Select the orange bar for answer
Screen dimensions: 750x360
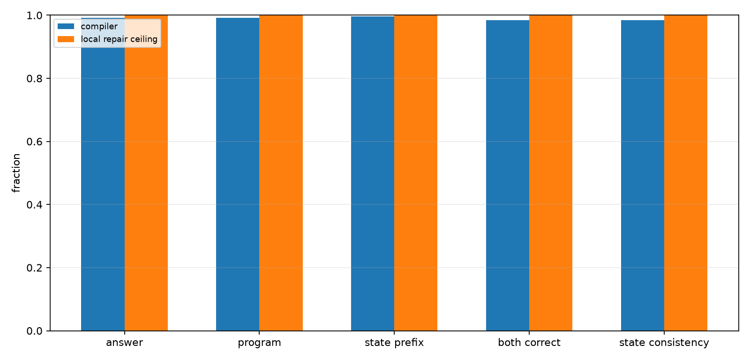point(146,173)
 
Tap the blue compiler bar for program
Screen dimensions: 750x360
point(238,174)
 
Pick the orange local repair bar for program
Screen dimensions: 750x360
point(281,173)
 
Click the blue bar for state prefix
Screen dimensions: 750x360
point(373,173)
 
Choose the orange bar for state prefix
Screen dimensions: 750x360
point(416,173)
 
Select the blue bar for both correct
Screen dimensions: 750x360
point(508,175)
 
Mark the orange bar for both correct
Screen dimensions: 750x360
point(551,173)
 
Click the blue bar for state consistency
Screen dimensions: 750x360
point(643,175)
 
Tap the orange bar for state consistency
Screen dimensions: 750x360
point(686,173)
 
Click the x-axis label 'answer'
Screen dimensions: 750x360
point(125,343)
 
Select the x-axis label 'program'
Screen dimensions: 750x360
point(260,343)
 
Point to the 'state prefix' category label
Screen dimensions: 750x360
point(394,343)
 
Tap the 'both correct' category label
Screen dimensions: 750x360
point(529,343)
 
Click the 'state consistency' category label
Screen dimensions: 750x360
point(664,343)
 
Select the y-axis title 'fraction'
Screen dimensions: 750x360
point(16,173)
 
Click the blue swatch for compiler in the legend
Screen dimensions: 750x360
point(66,26)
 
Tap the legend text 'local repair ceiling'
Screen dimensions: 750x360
point(119,39)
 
